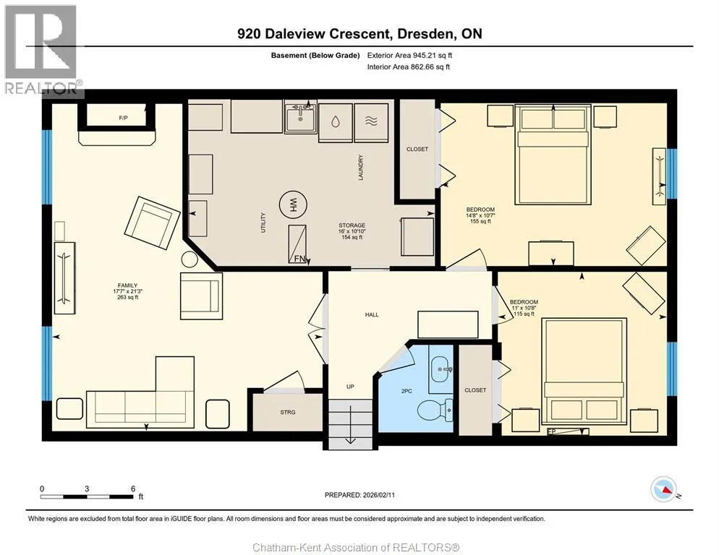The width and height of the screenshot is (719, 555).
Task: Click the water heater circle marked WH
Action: pos(294,205)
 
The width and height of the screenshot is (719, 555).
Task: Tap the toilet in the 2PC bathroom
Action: pos(435,409)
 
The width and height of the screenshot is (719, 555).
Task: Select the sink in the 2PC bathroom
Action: pos(441,369)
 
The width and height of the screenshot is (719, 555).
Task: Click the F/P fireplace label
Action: pos(124,119)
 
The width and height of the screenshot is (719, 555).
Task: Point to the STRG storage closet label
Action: pos(288,413)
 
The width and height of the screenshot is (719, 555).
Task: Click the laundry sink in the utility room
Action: pos(301,118)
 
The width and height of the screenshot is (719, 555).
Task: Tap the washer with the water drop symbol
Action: pos(335,122)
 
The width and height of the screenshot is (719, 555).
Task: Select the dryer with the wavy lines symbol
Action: pos(371,122)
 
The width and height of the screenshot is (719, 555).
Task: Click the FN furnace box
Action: pos(298,244)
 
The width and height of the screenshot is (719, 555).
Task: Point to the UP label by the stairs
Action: pos(350,387)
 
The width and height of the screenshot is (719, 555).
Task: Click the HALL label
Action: pos(372,315)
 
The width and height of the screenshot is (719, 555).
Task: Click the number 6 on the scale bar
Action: pos(133,489)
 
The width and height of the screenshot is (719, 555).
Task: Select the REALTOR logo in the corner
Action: pos(41,48)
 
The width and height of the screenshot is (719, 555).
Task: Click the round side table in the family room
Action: pos(189,260)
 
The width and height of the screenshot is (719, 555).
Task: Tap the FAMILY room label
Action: pos(127,285)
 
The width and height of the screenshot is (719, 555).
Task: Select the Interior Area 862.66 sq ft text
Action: pos(409,67)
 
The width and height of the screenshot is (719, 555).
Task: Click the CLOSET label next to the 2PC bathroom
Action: pos(475,390)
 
